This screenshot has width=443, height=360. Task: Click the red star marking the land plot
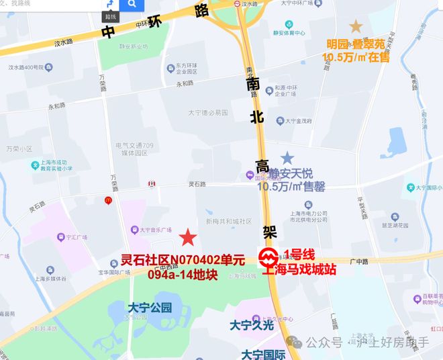pyautogui.click(x=189, y=238)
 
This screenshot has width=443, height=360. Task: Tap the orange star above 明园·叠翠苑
pyautogui.click(x=355, y=27)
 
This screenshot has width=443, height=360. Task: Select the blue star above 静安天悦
pyautogui.click(x=287, y=159)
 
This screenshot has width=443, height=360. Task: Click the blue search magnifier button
pyautogui.click(x=132, y=5)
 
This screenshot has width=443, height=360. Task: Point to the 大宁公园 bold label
pyautogui.click(x=150, y=308)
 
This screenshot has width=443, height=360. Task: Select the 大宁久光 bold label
pyautogui.click(x=252, y=325)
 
